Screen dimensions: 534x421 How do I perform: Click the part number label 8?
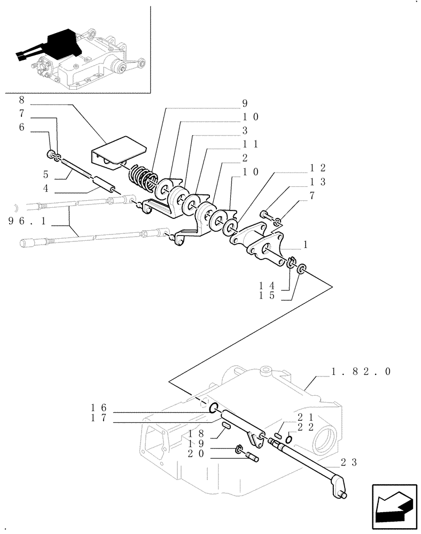21,99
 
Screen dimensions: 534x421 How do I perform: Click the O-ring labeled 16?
212,410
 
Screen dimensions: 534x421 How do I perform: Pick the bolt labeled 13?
265,215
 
